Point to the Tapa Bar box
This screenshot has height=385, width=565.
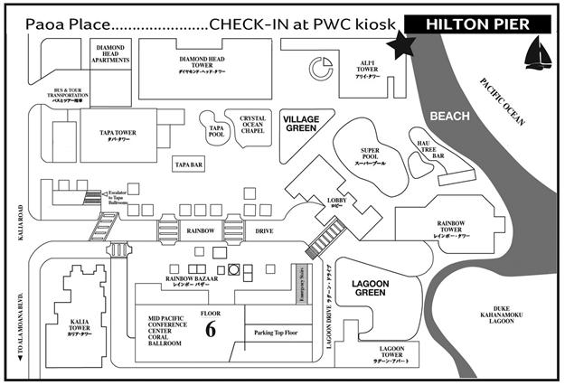coord(189,164)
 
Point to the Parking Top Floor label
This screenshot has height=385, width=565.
coord(277,333)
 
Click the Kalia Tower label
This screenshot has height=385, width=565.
coord(79,323)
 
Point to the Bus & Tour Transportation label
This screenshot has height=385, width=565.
coord(61,95)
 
